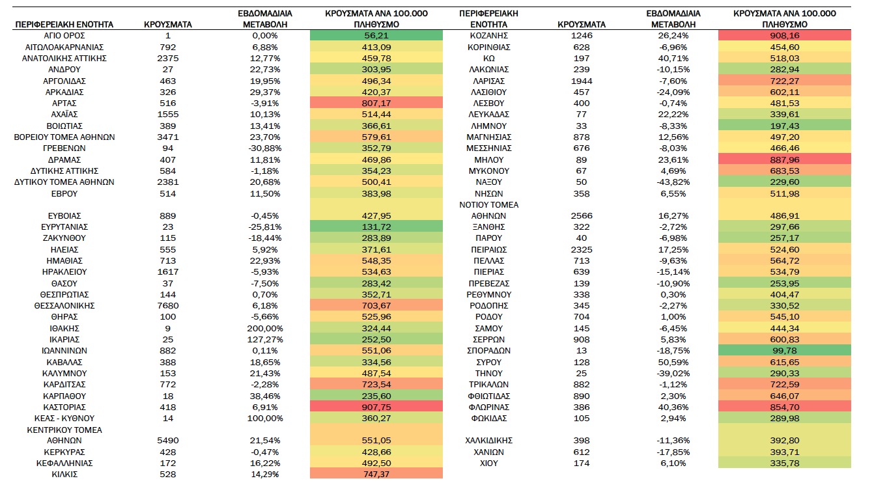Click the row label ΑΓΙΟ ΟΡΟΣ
pos(64,36)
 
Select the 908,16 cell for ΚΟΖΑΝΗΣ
pos(785,36)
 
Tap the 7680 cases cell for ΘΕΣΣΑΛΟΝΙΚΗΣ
pos(168,306)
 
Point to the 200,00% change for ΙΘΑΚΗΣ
pos(265,329)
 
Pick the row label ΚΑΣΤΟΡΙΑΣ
pos(64,407)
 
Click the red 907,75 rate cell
pos(376,407)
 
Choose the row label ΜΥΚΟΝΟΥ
pos(489,171)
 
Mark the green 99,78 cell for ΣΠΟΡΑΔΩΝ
pos(785,351)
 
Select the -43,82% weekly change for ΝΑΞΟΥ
pos(673,182)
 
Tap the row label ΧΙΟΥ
pos(489,463)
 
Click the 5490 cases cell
pos(168,441)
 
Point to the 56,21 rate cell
pos(376,36)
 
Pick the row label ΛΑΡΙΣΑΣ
pos(489,81)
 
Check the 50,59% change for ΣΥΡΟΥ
pos(673,363)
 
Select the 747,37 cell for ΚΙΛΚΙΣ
pos(376,475)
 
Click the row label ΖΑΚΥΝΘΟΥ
pos(64,238)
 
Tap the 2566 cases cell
pos(582,216)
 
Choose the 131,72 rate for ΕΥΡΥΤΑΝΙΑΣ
pos(376,227)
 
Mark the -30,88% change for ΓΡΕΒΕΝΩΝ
pos(265,148)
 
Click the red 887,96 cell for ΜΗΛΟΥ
pos(785,159)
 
